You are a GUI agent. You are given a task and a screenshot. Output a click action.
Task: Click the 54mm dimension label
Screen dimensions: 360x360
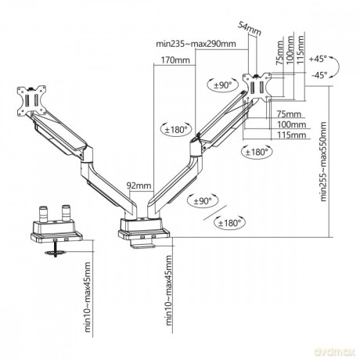250,28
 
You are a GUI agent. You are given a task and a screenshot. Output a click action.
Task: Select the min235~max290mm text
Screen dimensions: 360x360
196,44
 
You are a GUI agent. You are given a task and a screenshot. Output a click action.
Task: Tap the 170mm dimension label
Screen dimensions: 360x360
175,60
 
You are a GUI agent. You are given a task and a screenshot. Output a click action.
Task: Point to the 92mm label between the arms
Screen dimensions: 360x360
139,185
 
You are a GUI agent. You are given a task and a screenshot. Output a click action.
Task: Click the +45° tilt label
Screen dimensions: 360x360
318,59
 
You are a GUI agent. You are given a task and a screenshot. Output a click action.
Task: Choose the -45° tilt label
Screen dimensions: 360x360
319,75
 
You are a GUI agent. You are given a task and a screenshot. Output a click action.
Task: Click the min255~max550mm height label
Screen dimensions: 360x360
323,161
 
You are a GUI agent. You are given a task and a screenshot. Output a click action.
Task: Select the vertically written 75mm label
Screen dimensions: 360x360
280,53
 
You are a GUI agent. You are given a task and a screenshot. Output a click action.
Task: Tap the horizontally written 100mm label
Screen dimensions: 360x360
291,124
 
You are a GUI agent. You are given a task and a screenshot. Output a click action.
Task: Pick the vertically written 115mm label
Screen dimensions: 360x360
301,50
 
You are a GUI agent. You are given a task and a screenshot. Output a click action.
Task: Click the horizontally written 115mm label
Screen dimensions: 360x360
291,135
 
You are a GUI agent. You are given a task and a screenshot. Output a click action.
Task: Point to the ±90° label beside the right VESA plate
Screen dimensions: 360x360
223,85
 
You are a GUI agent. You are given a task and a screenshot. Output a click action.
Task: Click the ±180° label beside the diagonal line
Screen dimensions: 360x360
229,223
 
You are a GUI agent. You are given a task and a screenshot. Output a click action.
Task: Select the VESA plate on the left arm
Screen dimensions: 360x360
31,101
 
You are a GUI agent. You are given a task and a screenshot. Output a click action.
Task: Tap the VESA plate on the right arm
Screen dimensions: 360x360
257,88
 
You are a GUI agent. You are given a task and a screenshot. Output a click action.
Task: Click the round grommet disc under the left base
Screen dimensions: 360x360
55,252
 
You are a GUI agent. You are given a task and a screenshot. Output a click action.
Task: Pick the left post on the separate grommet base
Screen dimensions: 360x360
43,214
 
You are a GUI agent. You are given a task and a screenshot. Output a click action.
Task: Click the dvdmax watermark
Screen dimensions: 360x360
335,352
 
